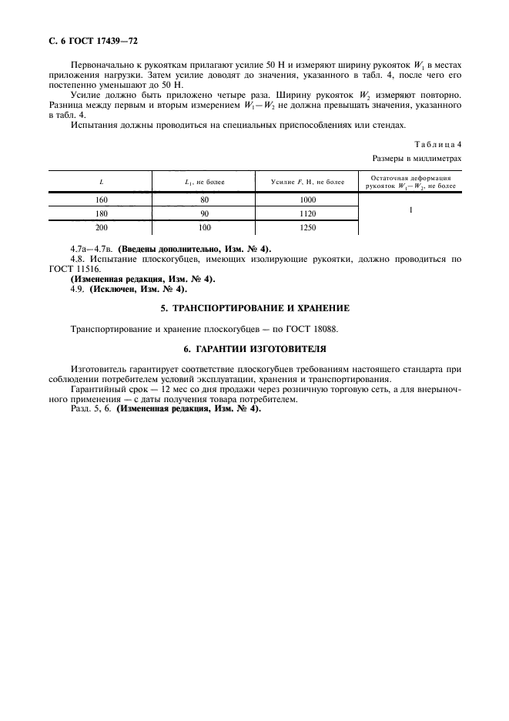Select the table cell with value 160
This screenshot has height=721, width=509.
coord(102,199)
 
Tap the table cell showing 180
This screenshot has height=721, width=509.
coord(102,213)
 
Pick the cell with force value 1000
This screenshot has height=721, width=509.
coord(307,199)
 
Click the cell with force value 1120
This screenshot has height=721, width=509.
coord(307,213)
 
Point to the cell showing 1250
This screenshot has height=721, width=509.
coord(307,228)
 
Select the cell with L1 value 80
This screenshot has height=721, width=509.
coord(204,199)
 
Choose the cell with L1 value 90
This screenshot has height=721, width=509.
coord(204,213)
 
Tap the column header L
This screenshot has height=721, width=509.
coord(102,182)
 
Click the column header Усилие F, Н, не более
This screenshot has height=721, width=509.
coord(307,182)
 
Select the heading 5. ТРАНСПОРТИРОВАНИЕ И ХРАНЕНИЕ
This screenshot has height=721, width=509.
coord(254,308)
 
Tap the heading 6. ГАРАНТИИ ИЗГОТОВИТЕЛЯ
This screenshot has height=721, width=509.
coord(254,348)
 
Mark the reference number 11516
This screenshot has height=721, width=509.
coord(115,270)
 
